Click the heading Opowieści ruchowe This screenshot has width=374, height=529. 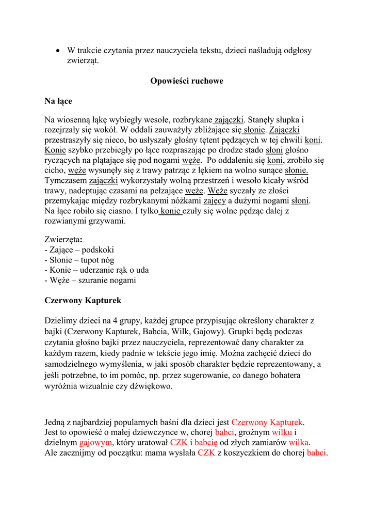click(x=186, y=81)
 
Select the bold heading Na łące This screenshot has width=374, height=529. click(x=58, y=101)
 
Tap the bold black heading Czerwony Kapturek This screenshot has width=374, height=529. click(x=83, y=300)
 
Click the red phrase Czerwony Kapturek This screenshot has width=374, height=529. click(x=267, y=422)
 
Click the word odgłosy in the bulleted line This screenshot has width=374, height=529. click(x=296, y=51)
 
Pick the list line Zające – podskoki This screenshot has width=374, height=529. click(x=79, y=250)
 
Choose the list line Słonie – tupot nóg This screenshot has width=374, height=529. click(x=79, y=260)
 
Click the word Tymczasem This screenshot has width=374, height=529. click(x=66, y=180)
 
